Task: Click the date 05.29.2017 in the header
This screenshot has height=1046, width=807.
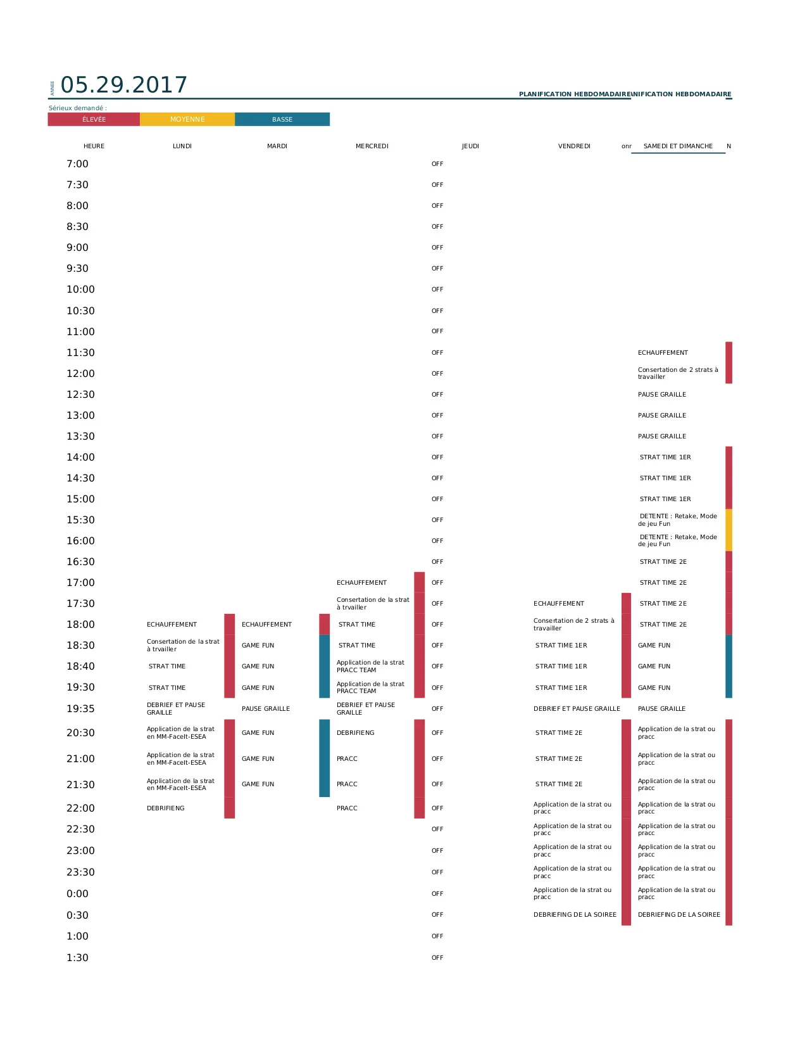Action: point(124,85)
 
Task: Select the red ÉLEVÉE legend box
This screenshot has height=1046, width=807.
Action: point(94,119)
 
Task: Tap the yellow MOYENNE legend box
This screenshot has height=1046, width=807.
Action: point(187,119)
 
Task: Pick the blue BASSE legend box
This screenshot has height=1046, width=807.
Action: point(282,119)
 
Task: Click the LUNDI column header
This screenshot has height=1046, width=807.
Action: point(182,146)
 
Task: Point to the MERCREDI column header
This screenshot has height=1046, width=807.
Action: point(372,146)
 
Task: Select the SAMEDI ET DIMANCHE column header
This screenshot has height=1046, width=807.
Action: point(678,146)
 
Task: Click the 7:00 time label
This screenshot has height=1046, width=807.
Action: point(78,164)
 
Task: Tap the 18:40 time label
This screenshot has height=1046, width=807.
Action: point(80,667)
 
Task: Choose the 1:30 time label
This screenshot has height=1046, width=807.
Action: point(78,958)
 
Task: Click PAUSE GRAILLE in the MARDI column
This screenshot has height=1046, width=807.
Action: point(266,709)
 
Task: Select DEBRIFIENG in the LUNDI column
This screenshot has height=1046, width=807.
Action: point(166,808)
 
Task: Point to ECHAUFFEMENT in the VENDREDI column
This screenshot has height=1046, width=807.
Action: point(559,604)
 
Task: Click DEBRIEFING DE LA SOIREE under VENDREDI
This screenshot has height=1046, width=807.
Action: point(575,915)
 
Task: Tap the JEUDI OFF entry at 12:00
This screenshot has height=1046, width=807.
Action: point(437,374)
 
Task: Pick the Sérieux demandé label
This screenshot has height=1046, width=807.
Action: point(78,108)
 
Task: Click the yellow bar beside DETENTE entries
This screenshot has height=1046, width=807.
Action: point(729,530)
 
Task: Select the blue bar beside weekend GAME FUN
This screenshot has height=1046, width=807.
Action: point(729,667)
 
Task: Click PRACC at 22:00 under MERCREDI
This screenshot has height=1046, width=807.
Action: point(347,808)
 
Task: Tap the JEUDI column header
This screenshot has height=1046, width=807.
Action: point(470,146)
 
